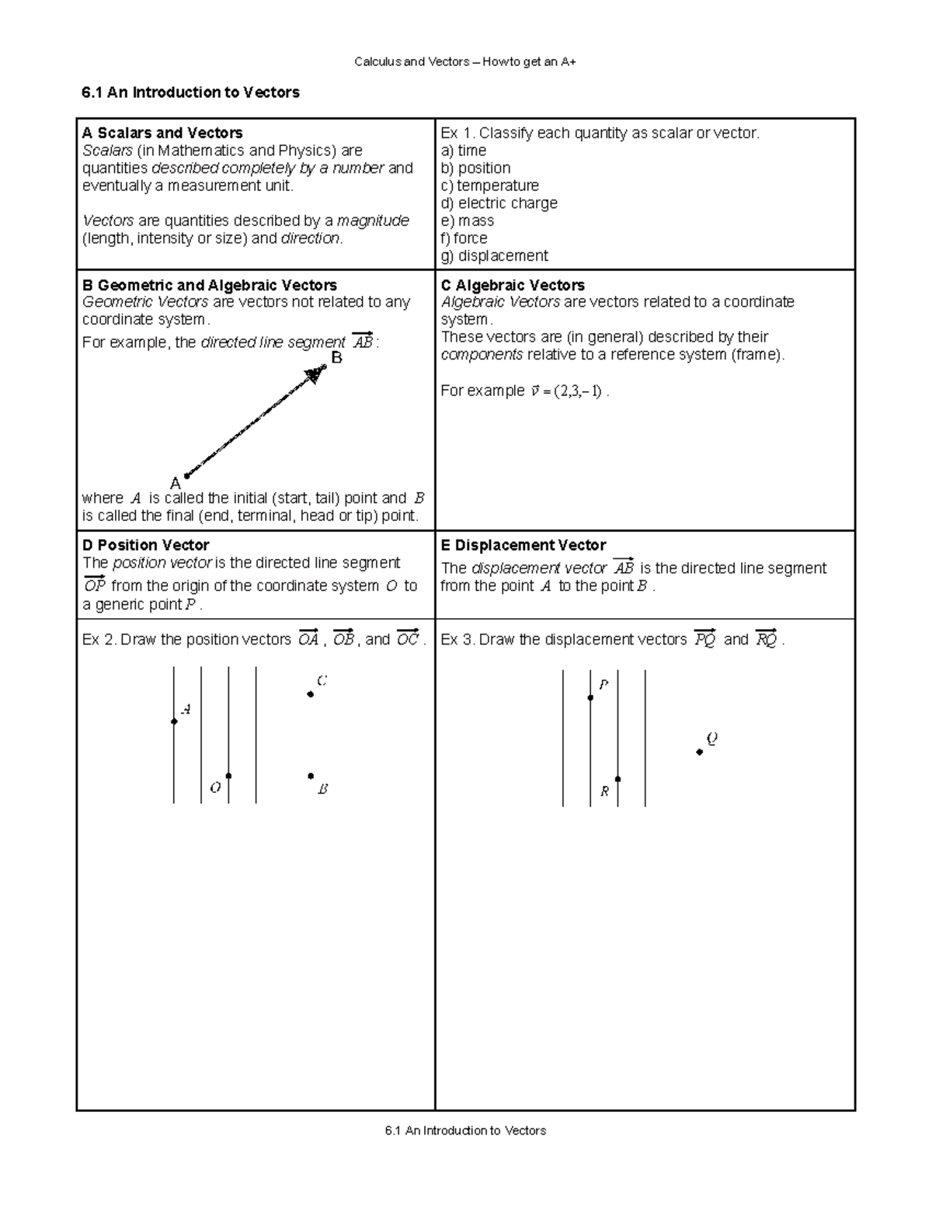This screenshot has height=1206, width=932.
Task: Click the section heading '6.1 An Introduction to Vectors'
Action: [190, 92]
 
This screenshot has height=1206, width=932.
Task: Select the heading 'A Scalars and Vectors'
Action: [162, 133]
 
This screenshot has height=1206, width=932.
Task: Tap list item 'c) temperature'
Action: [489, 186]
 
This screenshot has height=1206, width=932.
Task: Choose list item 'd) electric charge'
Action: [499, 203]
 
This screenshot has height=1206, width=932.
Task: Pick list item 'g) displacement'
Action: [494, 256]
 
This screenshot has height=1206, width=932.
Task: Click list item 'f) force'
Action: [464, 238]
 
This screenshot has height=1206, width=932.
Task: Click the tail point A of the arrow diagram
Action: [186, 476]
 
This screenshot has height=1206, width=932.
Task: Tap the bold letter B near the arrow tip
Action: [336, 358]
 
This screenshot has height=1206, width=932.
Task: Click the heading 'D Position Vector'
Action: [145, 545]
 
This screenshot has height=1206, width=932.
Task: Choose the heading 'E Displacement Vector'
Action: [523, 545]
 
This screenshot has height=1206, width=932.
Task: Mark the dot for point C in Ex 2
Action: [311, 694]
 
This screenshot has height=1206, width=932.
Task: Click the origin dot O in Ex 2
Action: [228, 776]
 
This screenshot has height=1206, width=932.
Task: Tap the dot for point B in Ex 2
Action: [311, 776]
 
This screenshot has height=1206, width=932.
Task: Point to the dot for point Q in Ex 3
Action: [700, 752]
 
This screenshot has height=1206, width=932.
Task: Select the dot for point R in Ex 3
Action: [617, 779]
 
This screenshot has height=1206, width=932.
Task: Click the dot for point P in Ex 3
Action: [590, 698]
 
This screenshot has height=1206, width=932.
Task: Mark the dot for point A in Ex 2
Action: [174, 722]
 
